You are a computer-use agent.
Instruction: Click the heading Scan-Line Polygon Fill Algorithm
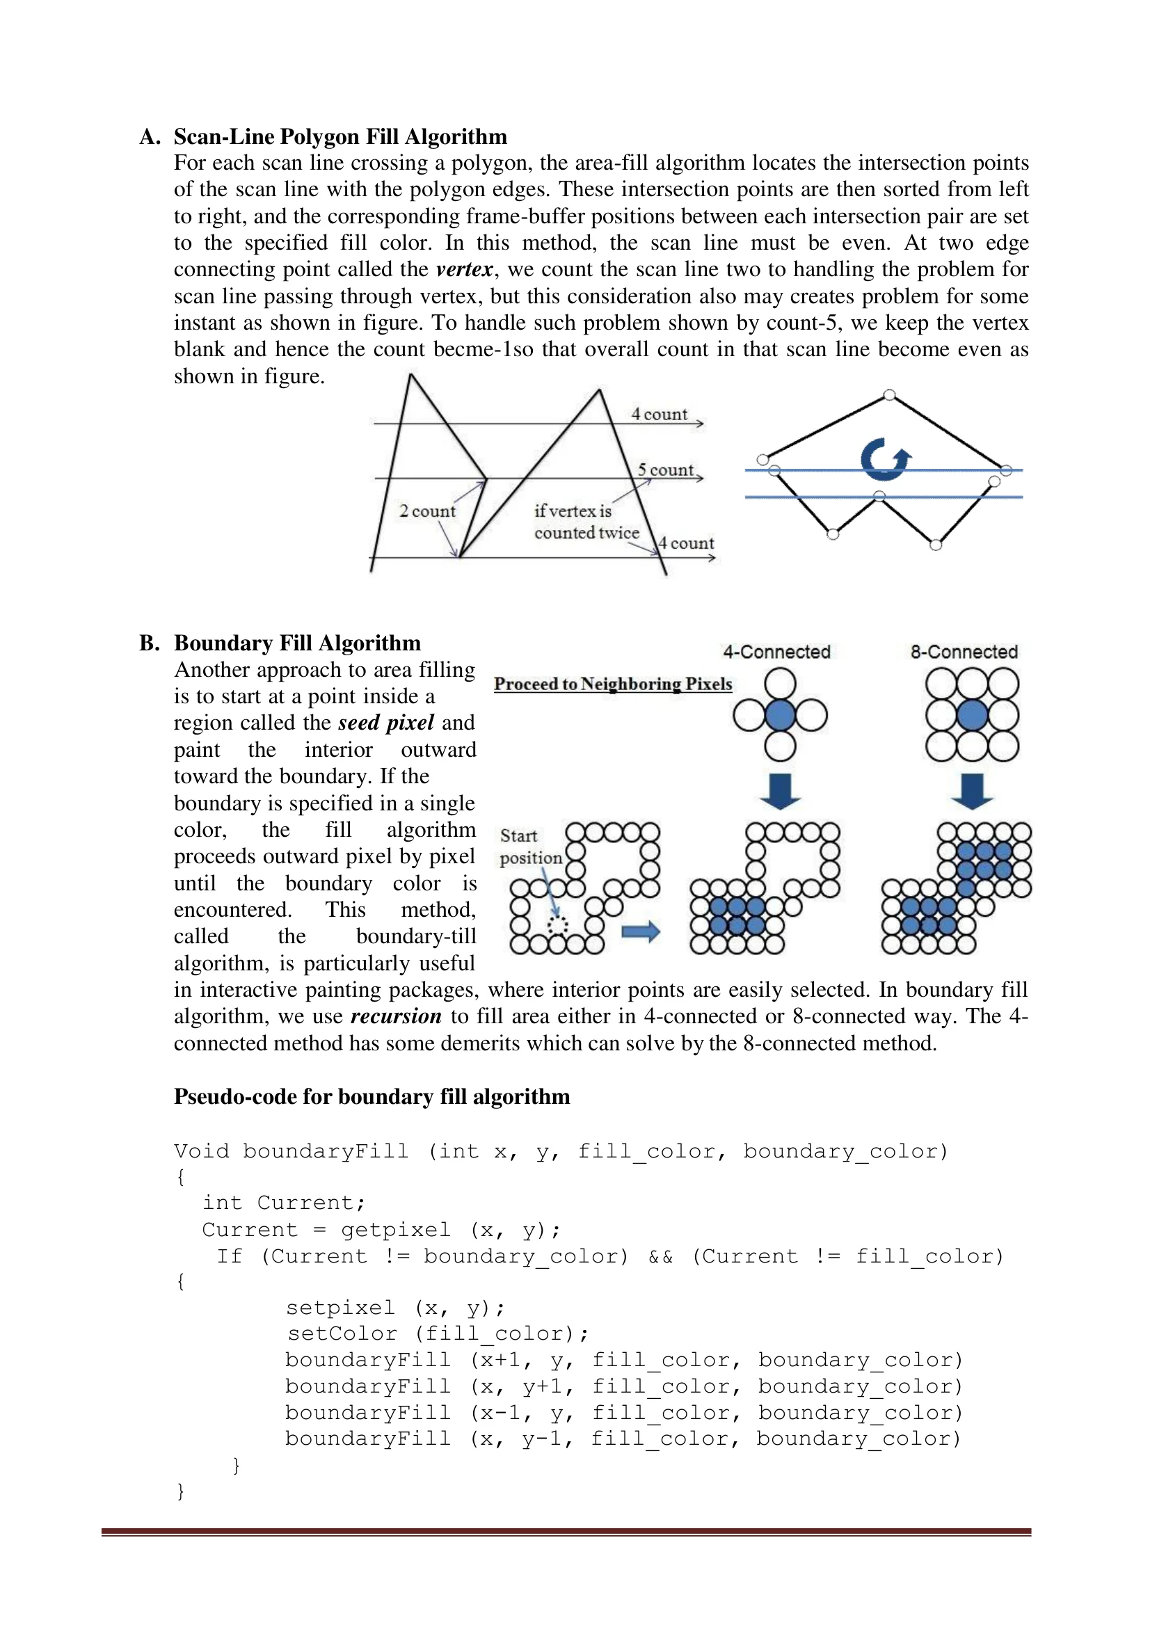(x=340, y=137)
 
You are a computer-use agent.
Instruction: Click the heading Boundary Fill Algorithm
(x=297, y=643)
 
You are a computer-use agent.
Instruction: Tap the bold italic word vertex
(x=464, y=269)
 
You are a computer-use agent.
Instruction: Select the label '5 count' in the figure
(x=665, y=470)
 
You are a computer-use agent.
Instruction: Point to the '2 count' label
(x=427, y=511)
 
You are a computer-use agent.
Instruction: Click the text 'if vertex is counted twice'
(x=586, y=522)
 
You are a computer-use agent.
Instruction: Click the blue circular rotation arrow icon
(x=884, y=459)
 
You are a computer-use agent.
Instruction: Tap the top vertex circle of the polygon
(x=889, y=394)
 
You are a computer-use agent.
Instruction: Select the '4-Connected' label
(x=776, y=652)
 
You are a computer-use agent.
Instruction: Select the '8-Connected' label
(x=964, y=652)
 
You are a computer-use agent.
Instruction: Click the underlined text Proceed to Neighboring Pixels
(x=613, y=684)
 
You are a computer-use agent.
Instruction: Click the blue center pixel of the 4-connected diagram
(x=780, y=715)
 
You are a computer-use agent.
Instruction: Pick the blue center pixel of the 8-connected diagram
(x=972, y=715)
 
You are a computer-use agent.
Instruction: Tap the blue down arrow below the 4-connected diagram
(x=780, y=792)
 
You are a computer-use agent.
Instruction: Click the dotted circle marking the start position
(x=558, y=925)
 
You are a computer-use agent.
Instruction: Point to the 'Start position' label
(x=530, y=847)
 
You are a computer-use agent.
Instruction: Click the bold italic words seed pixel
(x=386, y=723)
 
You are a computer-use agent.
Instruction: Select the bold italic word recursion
(x=396, y=1016)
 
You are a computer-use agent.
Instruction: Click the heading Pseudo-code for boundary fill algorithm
(x=372, y=1096)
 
